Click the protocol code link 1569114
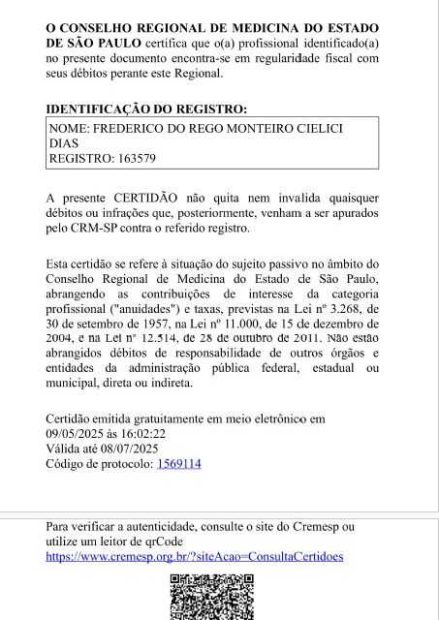178,464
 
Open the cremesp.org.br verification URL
194,557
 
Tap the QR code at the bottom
212,597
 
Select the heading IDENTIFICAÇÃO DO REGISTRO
145,108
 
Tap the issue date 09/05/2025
76,434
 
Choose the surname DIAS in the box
63,142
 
